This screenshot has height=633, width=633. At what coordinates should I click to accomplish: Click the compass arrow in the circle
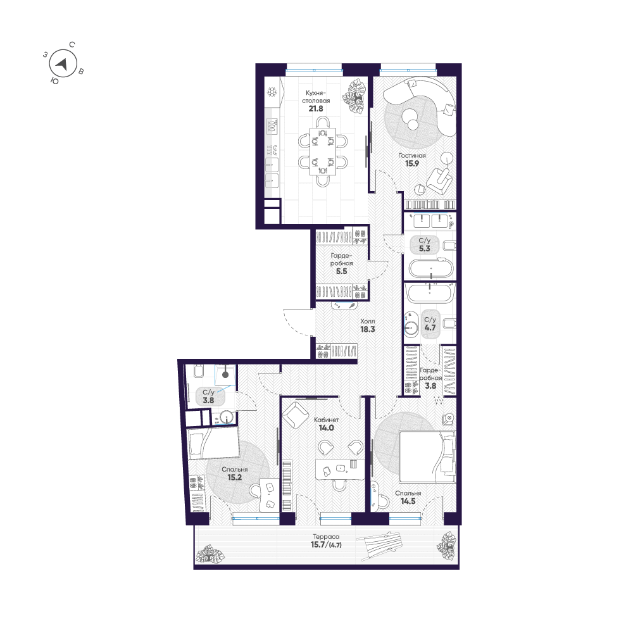click(x=63, y=64)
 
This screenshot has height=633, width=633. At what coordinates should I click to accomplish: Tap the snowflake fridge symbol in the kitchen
click(x=272, y=92)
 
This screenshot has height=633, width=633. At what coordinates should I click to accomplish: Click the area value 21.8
click(x=316, y=109)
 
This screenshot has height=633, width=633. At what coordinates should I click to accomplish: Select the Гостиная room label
click(x=412, y=156)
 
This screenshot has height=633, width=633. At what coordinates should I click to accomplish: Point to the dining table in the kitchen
click(x=323, y=151)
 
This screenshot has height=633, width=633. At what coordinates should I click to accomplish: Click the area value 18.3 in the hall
click(x=367, y=329)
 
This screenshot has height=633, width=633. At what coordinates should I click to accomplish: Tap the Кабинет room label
click(x=327, y=420)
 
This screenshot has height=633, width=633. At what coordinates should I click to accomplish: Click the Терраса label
click(x=326, y=537)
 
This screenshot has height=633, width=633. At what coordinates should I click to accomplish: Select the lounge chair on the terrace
click(x=379, y=546)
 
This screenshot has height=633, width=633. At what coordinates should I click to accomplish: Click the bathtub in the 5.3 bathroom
click(x=430, y=268)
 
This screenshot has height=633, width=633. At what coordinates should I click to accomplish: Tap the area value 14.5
click(x=408, y=501)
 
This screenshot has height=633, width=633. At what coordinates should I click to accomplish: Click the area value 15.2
click(x=235, y=477)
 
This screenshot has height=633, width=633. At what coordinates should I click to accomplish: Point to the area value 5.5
click(x=342, y=272)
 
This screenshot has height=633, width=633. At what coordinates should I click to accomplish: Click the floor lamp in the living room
click(x=447, y=157)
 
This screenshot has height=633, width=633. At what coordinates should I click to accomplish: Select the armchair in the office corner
click(x=296, y=415)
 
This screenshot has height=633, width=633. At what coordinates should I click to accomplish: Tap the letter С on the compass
click(x=72, y=44)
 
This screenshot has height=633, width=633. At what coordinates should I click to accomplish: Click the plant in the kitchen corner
click(x=353, y=97)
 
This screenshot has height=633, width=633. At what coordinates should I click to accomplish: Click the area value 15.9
click(x=412, y=163)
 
